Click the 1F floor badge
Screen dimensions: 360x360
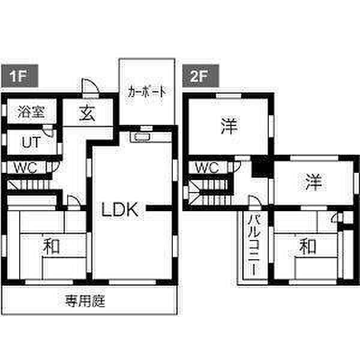(x=20, y=76)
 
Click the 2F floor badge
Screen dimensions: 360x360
(x=200, y=76)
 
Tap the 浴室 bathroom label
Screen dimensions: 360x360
(x=31, y=112)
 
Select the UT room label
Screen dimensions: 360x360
(x=31, y=142)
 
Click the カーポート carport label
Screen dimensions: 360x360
(x=147, y=92)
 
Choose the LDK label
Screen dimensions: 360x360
(x=120, y=209)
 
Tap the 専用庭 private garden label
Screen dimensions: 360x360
(x=85, y=301)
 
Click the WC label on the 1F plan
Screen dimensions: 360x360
(x=26, y=168)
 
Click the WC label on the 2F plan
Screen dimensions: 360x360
(x=207, y=168)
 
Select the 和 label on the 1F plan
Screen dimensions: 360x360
(x=51, y=247)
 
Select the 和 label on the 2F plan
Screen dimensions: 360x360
(x=307, y=247)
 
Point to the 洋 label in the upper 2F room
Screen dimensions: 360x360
(x=229, y=126)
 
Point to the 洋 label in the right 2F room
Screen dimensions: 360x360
(x=314, y=182)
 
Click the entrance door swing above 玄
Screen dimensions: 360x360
(x=91, y=87)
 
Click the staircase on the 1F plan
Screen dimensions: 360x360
(x=29, y=185)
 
